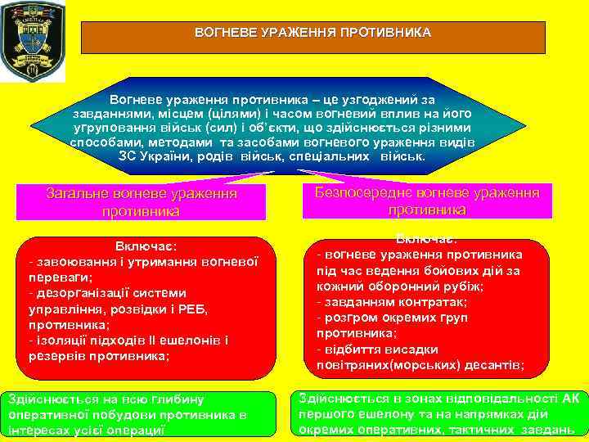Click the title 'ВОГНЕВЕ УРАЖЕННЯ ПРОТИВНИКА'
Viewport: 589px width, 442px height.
coord(312,34)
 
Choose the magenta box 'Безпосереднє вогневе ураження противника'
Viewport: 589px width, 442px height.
coord(427,200)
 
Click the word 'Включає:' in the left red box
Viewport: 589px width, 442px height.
coord(146,246)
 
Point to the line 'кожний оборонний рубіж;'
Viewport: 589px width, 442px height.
coord(399,286)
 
